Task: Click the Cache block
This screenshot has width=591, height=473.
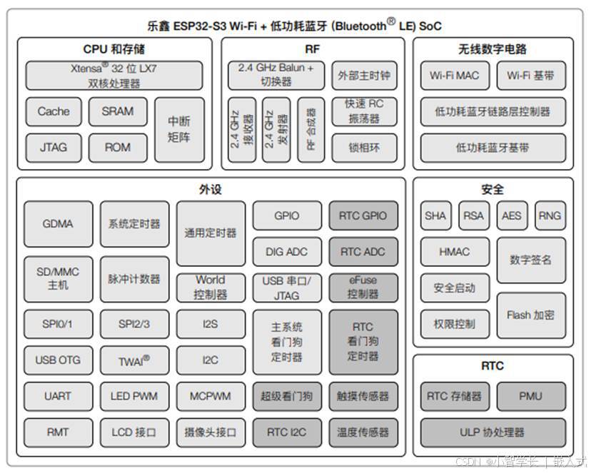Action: pos(54,111)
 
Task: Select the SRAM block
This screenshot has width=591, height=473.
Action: pos(118,111)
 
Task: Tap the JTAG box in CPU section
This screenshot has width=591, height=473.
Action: pos(54,148)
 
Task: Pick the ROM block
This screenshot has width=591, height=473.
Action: pos(118,148)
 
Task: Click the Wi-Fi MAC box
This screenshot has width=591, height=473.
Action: pos(455,76)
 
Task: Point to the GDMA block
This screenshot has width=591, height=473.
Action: pos(58,224)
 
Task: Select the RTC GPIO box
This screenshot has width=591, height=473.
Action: pos(363,216)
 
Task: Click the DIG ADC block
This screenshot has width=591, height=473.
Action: pos(287,252)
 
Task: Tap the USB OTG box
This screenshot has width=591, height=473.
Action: pos(58,360)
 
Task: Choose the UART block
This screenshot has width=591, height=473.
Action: pos(58,396)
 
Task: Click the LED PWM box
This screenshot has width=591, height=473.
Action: pos(134,396)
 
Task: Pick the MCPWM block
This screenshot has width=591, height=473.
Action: pos(211,396)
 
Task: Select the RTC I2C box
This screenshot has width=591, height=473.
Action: pos(287,432)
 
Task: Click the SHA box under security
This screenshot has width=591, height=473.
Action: pos(435,215)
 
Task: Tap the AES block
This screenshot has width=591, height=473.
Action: pos(512,215)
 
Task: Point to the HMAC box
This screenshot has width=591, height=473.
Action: pos(455,252)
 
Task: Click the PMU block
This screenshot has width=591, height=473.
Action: pos(531,396)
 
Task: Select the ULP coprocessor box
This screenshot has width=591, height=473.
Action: pos(492,432)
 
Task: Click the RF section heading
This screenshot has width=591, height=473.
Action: pos(312,49)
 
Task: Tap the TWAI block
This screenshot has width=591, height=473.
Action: pos(134,361)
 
